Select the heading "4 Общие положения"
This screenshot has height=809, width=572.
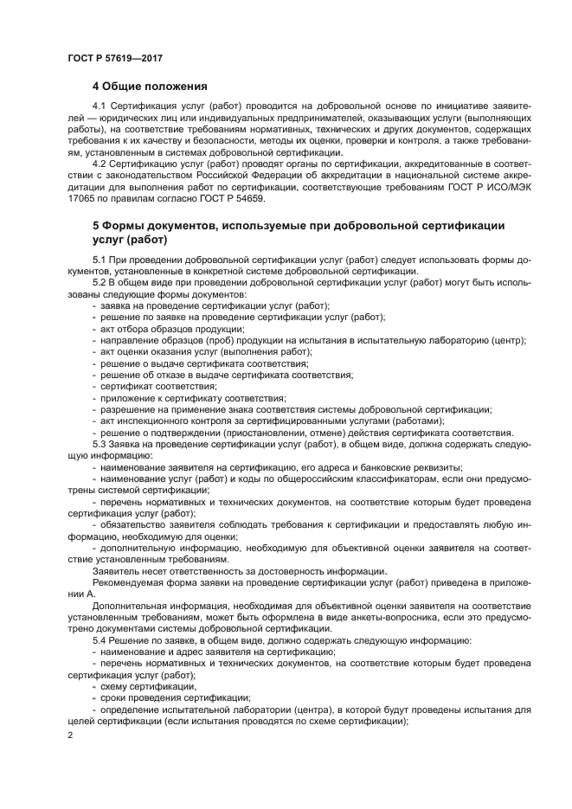pyautogui.click(x=150, y=87)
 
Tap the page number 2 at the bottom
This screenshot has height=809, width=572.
pyautogui.click(x=70, y=735)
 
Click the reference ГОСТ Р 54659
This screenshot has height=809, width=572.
pyautogui.click(x=233, y=199)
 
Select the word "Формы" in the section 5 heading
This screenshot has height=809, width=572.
pyautogui.click(x=128, y=226)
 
